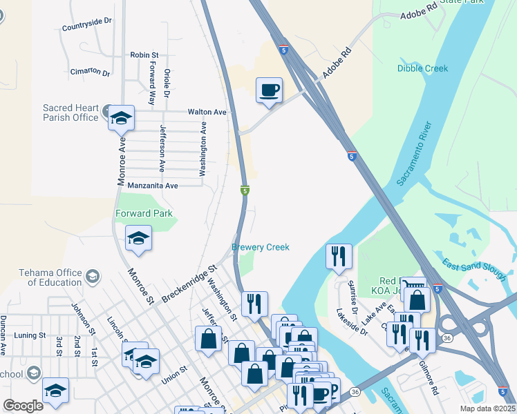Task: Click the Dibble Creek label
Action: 422,68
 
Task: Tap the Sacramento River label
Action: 415,154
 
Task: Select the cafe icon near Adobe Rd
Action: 269,90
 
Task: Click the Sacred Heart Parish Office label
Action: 71,112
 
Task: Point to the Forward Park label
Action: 144,214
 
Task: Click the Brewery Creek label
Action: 260,247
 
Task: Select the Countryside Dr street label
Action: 86,21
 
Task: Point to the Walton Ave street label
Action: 207,112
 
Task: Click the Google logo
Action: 23,406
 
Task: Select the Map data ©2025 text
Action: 485,408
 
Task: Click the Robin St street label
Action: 144,55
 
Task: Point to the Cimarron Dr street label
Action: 90,72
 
